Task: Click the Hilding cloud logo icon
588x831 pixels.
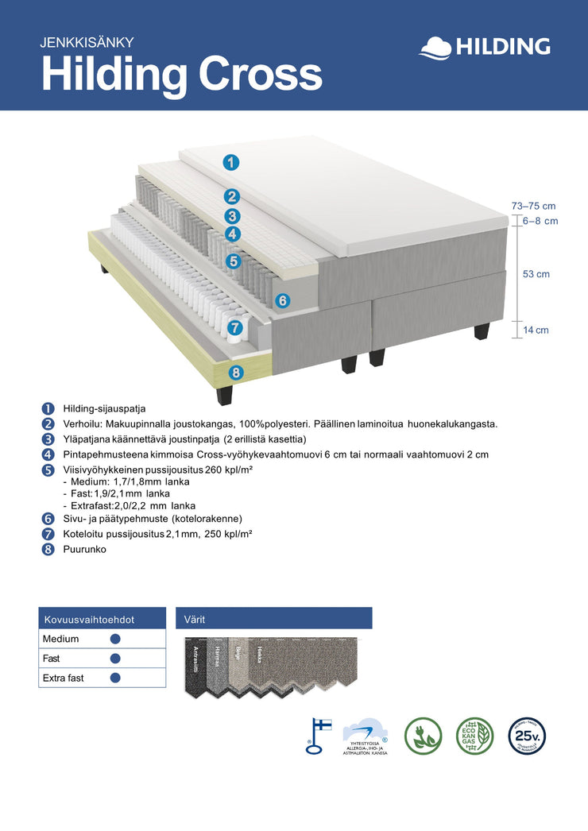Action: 435,47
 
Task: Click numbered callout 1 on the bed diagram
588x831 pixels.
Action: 230,163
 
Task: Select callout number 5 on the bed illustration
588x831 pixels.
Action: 233,261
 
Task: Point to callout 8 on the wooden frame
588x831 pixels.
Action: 236,372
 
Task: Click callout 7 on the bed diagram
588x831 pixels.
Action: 234,327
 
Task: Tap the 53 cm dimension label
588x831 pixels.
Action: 536,274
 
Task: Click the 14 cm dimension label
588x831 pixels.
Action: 536,330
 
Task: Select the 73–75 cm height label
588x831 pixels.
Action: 533,207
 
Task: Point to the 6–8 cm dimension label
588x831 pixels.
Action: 540,221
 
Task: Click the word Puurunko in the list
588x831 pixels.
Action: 84,549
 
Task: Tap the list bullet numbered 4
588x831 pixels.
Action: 48,454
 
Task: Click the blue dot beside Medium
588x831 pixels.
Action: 115,639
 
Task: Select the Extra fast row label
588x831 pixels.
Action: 64,678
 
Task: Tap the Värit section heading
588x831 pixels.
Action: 195,619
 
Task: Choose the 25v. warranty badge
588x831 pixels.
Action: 527,736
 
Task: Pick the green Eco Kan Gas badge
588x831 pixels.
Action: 474,736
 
